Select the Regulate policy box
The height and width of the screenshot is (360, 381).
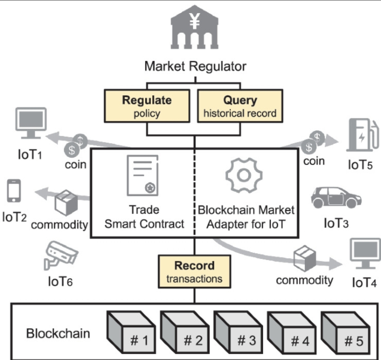[146, 106]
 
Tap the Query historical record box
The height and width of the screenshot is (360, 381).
[240, 106]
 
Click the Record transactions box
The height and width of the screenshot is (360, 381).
[194, 272]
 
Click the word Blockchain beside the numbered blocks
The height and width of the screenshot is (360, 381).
[58, 333]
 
